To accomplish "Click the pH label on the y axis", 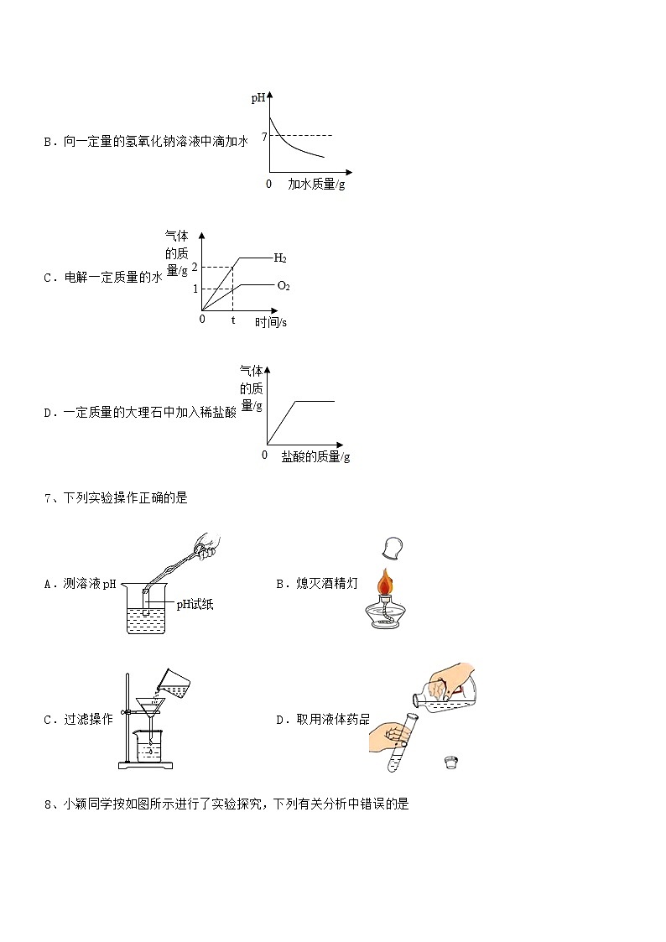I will [258, 99].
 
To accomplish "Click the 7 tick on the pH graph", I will [264, 136].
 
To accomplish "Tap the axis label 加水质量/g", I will [316, 184].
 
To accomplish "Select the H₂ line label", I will [280, 258].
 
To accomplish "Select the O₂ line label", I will [284, 286].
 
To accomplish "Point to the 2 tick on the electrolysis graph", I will [195, 267].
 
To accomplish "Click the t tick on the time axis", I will [233, 320].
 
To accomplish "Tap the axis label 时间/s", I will [271, 322].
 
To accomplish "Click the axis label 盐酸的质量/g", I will [315, 456].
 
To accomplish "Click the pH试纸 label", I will [195, 605].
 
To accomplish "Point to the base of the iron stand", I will [147, 764].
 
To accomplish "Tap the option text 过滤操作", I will [88, 720].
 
